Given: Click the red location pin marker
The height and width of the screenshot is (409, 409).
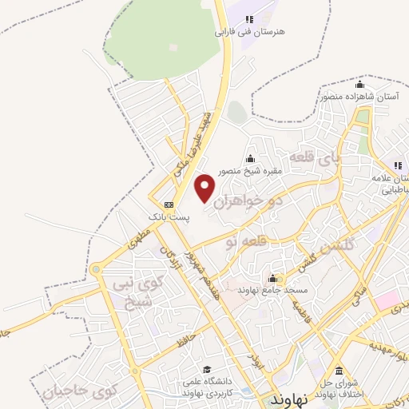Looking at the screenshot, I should [205, 189].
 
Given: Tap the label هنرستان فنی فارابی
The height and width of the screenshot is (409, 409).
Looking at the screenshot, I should [249, 34].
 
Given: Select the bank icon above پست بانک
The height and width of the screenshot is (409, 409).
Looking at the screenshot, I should [167, 204].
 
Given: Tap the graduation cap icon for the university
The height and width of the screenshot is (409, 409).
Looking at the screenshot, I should [207, 370].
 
